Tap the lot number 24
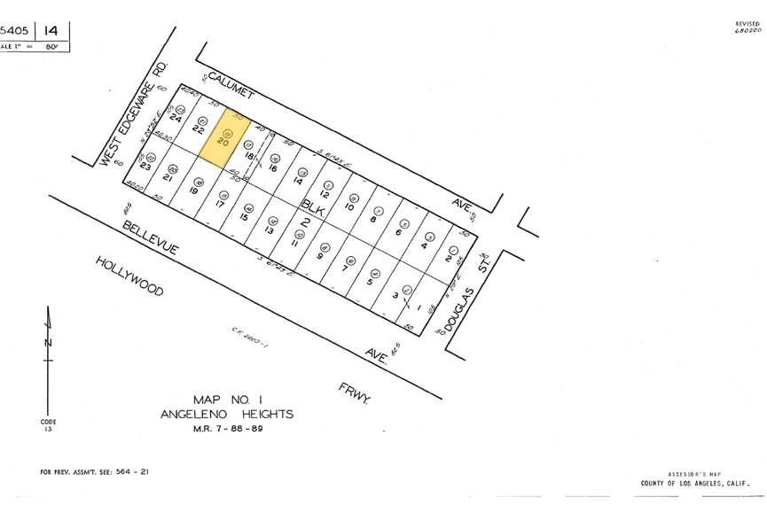pyautogui.click(x=176, y=118)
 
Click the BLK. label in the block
pyautogui.click(x=312, y=206)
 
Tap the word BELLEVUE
pyautogui.click(x=150, y=237)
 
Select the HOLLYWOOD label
pyautogui.click(x=130, y=276)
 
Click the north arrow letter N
pyautogui.click(x=49, y=343)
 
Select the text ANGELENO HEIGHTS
pyautogui.click(x=227, y=414)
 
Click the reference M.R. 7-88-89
pyautogui.click(x=227, y=428)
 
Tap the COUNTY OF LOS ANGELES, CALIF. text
pyautogui.click(x=695, y=484)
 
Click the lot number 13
pyautogui.click(x=268, y=229)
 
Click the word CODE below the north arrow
pyautogui.click(x=48, y=422)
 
